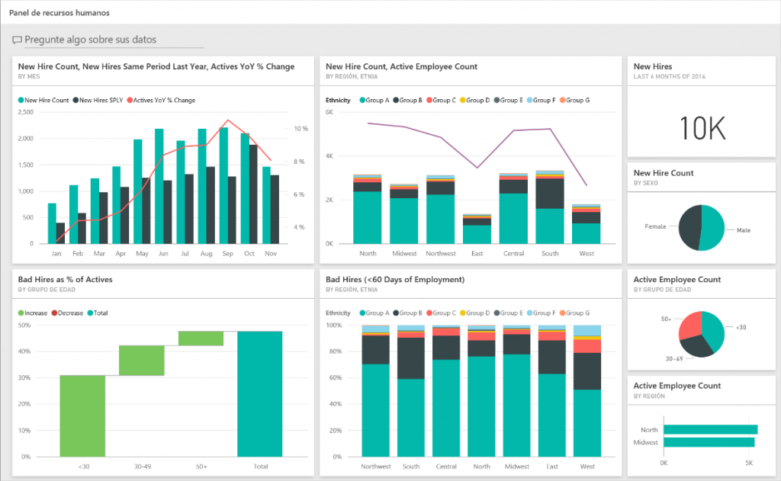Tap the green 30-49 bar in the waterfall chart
pyautogui.click(x=141, y=361)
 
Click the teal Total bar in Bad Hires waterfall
pyautogui.click(x=259, y=393)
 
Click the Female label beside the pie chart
pyautogui.click(x=655, y=226)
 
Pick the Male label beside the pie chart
pyautogui.click(x=743, y=229)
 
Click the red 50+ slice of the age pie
pyautogui.click(x=689, y=325)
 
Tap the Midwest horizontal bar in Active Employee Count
pyautogui.click(x=709, y=442)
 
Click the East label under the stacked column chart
pyautogui.click(x=477, y=253)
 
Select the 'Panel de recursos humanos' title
pyautogui.click(x=59, y=13)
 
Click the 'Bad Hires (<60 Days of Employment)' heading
pyautogui.click(x=395, y=280)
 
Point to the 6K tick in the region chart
pyautogui.click(x=329, y=112)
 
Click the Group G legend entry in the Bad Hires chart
pyautogui.click(x=575, y=313)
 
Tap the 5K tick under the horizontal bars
pyautogui.click(x=749, y=463)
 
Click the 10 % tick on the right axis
pyautogui.click(x=301, y=129)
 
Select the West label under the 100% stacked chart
pyautogui.click(x=587, y=467)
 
